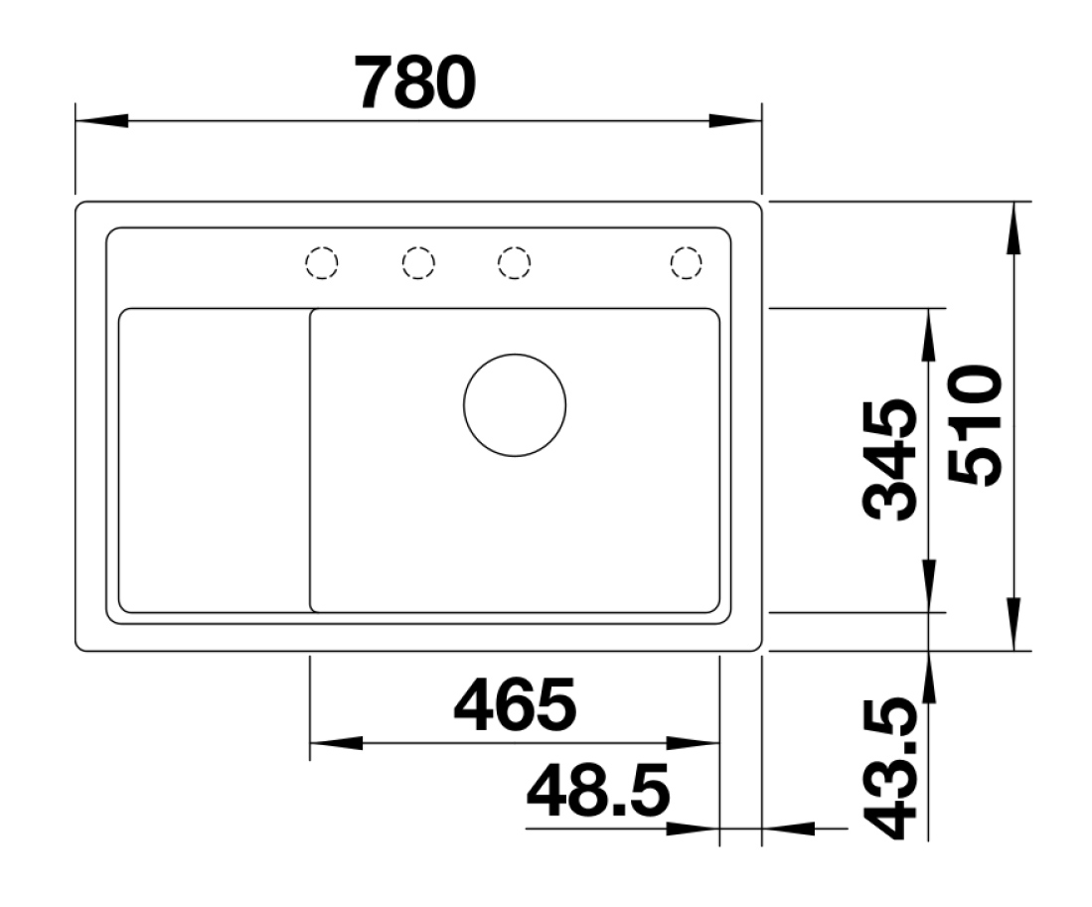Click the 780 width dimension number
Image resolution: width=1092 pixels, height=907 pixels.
click(x=416, y=83)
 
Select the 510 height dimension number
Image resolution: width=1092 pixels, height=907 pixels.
click(x=975, y=425)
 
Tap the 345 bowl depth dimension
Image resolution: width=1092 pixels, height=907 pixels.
click(x=888, y=460)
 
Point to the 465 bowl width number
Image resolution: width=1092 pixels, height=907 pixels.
click(x=514, y=703)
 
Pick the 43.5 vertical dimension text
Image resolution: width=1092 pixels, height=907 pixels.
click(x=888, y=770)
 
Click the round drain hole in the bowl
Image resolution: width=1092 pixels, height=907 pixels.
click(x=515, y=405)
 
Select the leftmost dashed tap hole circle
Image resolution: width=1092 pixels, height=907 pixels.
click(x=321, y=262)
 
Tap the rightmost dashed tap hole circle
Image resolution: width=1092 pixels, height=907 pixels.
click(x=686, y=262)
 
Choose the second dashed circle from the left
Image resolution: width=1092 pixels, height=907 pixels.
click(x=418, y=262)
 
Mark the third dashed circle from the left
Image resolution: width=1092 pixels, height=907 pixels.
click(x=513, y=262)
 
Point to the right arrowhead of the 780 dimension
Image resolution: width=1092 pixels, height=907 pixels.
click(x=735, y=121)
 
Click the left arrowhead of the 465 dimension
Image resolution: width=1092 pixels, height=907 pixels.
click(x=336, y=743)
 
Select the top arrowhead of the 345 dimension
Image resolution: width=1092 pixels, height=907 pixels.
click(x=928, y=334)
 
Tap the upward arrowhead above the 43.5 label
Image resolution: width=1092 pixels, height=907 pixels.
click(x=928, y=680)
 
